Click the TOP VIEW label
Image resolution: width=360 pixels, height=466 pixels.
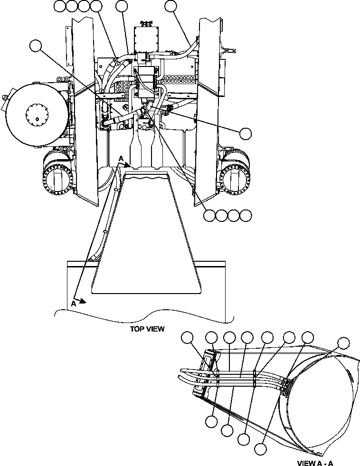coord(147,329)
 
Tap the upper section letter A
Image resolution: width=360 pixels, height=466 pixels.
coord(122,159)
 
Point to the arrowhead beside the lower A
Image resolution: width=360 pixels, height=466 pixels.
coord(84,301)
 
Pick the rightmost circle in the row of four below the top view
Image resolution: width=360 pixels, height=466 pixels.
coord(245,215)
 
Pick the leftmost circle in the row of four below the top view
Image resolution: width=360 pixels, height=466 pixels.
coord(208,215)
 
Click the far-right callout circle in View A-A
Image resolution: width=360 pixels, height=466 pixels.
coord(343,342)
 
